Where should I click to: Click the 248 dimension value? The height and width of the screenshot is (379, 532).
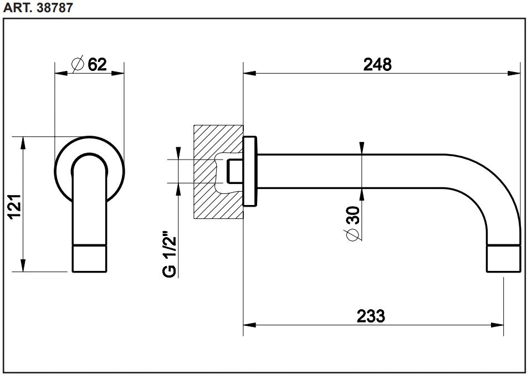(x=377, y=64)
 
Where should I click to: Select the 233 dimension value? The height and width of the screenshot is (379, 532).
(x=371, y=316)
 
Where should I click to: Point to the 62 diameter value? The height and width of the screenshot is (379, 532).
(x=97, y=65)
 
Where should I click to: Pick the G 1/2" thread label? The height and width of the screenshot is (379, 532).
(x=170, y=255)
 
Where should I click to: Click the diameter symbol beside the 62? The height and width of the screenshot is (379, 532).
(x=78, y=65)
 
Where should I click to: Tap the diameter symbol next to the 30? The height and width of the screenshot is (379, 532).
(x=352, y=235)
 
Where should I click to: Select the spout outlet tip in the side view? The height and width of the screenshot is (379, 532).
(x=503, y=258)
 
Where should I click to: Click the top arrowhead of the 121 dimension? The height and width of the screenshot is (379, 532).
(x=23, y=142)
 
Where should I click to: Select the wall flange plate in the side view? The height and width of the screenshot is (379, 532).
(x=250, y=172)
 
